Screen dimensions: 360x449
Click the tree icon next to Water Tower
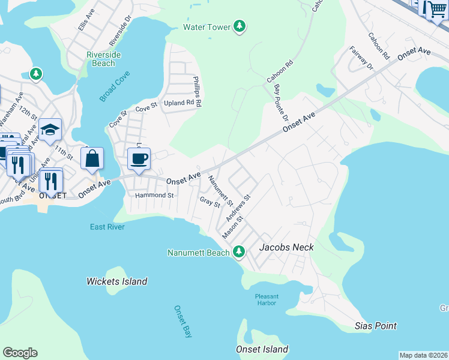pos(240,26)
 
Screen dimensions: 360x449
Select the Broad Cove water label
pos(116,87)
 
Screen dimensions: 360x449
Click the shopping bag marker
pos(92,159)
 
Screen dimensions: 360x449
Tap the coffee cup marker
pos(139,159)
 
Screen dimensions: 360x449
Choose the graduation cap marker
pos(50,130)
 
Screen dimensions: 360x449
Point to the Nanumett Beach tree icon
pos(239,252)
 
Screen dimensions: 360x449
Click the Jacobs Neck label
pos(286,247)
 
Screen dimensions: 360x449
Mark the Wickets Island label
pos(116,281)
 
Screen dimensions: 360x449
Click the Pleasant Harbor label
pos(265,299)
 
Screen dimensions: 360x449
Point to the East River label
pos(107,227)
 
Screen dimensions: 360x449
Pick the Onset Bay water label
pos(183,322)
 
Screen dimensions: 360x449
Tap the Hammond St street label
pos(154,196)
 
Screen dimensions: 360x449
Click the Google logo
pos(20,353)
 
